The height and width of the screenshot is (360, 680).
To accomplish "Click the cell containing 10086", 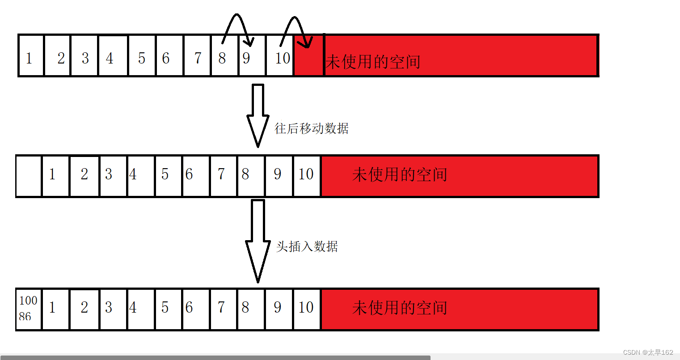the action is [x=28, y=309].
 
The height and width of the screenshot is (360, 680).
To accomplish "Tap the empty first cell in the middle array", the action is [x=29, y=176].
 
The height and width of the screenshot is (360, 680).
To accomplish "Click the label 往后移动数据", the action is [x=311, y=129].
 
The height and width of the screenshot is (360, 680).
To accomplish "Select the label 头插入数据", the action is [x=307, y=246].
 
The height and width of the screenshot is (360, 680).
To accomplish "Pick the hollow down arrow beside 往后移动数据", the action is [x=258, y=115].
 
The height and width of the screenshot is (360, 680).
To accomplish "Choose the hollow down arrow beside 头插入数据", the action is [x=258, y=240].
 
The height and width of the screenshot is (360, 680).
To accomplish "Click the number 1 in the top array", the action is [x=29, y=58].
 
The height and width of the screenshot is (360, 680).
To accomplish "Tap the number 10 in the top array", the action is [x=283, y=58].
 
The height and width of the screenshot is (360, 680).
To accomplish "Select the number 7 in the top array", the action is [x=198, y=58].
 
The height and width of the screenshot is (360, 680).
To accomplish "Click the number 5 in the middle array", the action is [x=165, y=174].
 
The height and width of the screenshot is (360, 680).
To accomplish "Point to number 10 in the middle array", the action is [x=306, y=174].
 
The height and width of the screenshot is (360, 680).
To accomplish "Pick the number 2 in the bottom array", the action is [x=84, y=308].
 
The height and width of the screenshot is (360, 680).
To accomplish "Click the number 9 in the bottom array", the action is [x=277, y=308].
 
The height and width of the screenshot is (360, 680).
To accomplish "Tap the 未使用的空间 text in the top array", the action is [x=373, y=62].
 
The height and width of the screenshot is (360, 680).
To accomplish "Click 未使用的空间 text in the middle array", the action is [x=399, y=174].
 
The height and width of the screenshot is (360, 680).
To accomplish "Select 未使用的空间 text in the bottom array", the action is [x=399, y=308].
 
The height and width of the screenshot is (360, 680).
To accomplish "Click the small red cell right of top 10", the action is [x=308, y=63].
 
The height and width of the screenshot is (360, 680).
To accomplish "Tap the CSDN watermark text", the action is [x=648, y=352].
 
